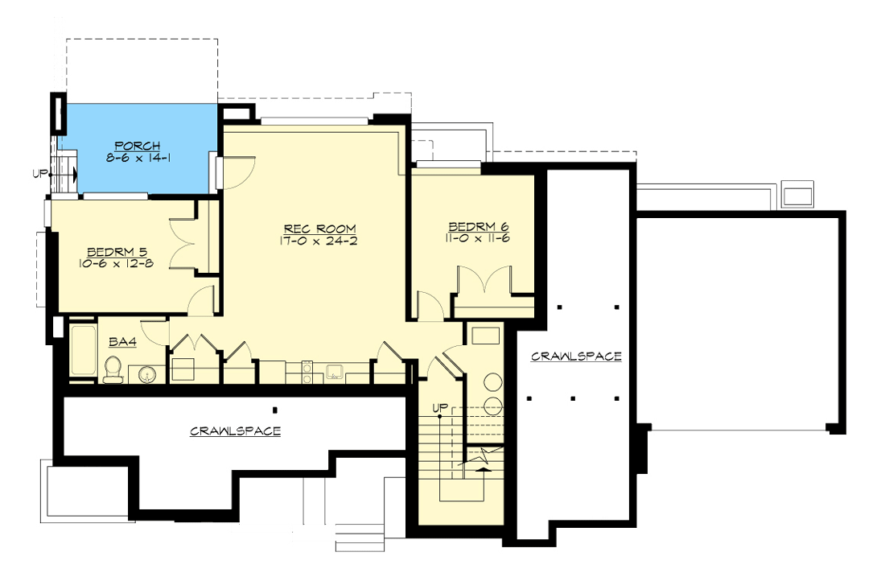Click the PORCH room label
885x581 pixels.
coord(137,146)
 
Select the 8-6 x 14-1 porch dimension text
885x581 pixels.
coord(137,159)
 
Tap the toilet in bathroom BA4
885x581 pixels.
coord(112,370)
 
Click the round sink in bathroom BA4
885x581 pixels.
coord(145,373)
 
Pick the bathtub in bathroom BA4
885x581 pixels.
coord(82,350)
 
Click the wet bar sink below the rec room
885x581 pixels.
coord(335,372)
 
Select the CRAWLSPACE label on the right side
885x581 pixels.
coord(576,356)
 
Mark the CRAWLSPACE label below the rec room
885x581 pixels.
coord(235,431)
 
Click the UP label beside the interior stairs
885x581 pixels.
coord(439,407)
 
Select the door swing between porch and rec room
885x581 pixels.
coord(238,171)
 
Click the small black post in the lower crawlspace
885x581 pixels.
coord(274,409)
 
